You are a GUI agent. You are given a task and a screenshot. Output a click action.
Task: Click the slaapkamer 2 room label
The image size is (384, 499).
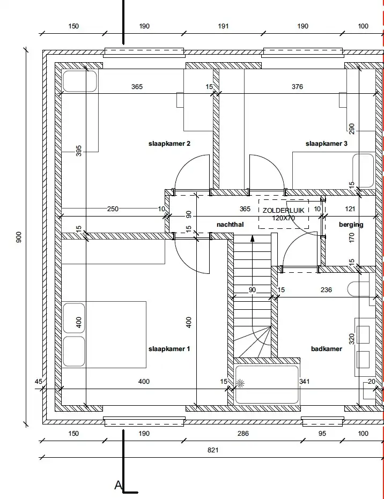point(169,144)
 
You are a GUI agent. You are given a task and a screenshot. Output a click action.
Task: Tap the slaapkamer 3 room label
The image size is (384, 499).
point(327,144)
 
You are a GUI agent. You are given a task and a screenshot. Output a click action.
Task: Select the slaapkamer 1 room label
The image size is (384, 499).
point(169,349)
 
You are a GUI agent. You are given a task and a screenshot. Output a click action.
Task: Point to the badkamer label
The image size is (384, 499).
point(327,349)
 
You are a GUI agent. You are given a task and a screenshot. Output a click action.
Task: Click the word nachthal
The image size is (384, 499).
point(230,225)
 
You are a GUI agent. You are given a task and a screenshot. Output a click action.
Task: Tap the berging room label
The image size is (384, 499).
point(351,225)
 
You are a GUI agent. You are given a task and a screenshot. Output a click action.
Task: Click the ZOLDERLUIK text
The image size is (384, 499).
point(283,210)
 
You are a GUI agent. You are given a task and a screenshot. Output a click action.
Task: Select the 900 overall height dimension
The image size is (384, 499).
point(19,237)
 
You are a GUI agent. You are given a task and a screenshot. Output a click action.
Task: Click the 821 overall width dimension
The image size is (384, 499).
point(213,450)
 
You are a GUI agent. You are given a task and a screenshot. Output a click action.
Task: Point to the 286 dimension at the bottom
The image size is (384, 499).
point(243,433)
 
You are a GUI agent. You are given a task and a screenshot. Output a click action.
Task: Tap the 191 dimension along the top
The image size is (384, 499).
point(223,26)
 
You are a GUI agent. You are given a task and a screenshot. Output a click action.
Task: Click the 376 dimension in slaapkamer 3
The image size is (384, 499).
point(297,87)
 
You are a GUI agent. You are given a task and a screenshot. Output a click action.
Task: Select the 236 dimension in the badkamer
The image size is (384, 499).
point(326,289)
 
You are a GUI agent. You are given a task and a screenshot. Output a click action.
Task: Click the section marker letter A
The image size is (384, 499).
point(118,485)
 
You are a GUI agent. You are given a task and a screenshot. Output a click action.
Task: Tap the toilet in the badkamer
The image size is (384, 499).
point(358,289)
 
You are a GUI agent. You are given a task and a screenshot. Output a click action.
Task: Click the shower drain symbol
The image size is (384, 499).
point(240,384)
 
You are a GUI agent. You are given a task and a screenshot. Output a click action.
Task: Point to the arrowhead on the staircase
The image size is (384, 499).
point(253,239)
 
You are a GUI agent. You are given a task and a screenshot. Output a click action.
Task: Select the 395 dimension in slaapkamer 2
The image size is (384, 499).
point(79,151)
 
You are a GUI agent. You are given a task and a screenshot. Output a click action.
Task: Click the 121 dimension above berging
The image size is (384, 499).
point(350,209)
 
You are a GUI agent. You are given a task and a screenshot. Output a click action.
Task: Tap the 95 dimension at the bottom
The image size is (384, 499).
point(322,433)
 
